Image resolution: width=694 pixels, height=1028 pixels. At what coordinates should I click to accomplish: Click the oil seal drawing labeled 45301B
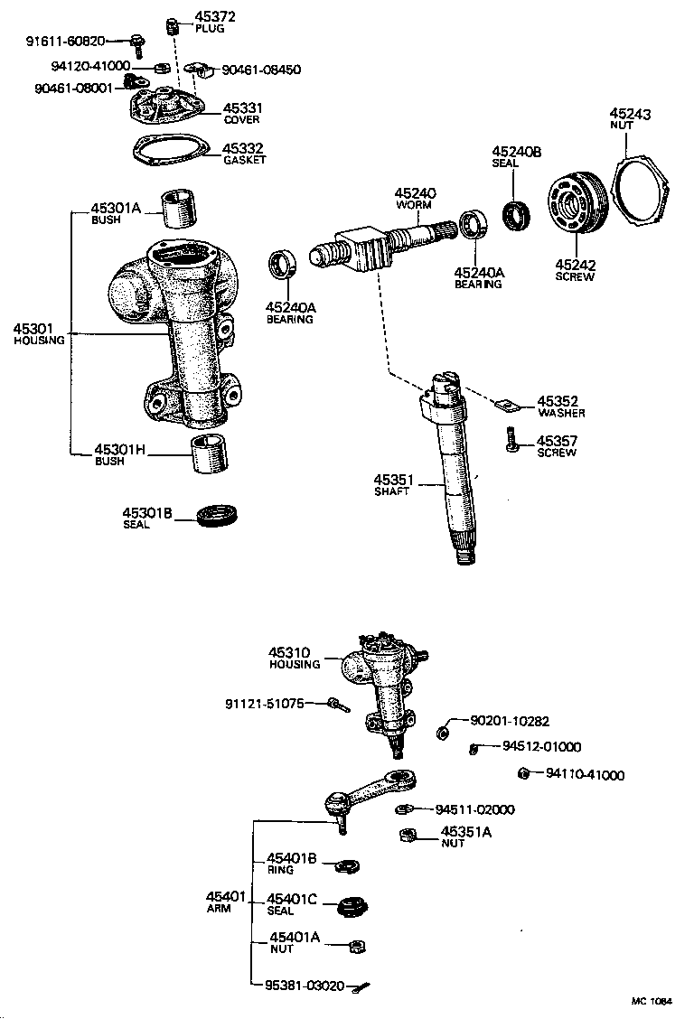coord(217,516)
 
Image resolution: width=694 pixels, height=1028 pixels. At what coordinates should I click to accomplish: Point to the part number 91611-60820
coord(66,41)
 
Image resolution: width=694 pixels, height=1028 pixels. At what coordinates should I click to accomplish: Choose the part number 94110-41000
coord(585,774)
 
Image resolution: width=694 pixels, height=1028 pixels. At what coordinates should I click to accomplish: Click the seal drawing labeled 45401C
coord(349,903)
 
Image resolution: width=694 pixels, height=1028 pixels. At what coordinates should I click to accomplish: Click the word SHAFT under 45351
coord(392,491)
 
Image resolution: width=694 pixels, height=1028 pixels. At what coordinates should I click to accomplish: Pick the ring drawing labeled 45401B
coord(346,867)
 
